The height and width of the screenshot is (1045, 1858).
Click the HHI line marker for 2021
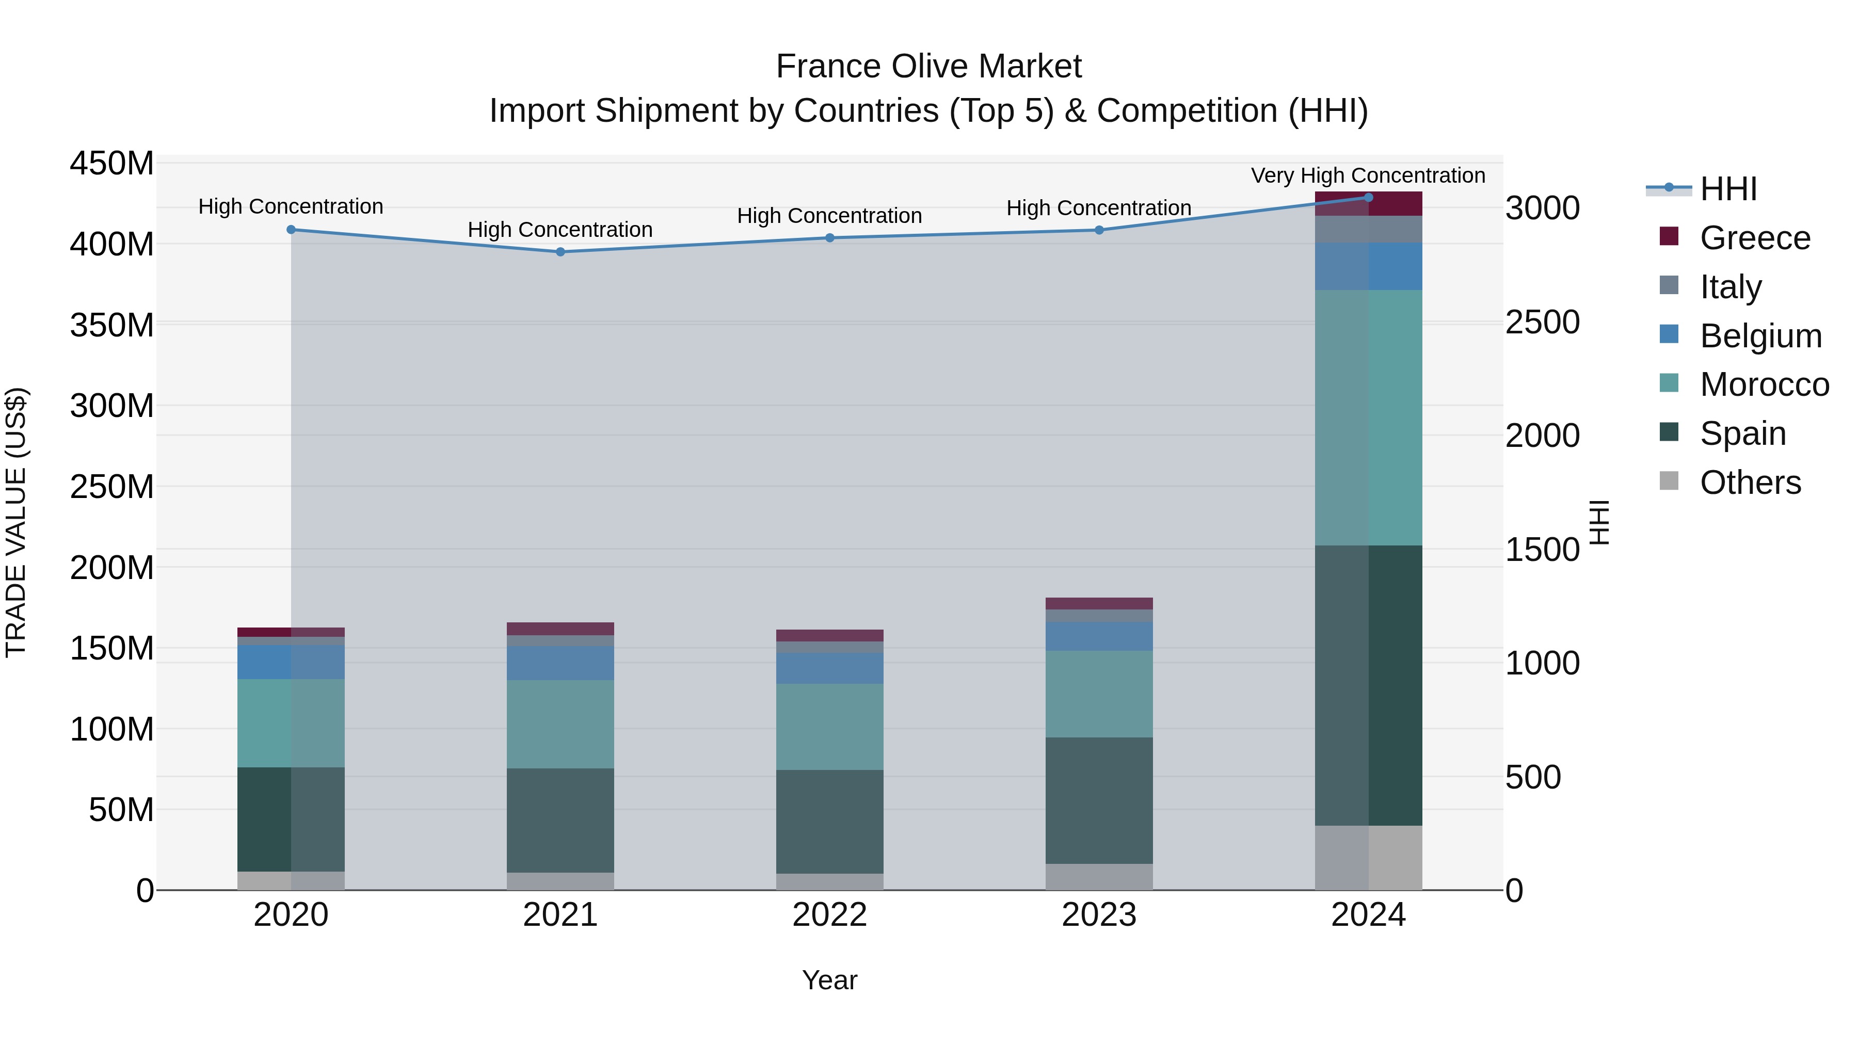coord(560,252)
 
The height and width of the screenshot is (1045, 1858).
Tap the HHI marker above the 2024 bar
coord(1368,198)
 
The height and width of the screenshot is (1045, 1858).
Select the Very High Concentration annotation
coord(1368,175)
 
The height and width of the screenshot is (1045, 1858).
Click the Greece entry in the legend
coord(1754,238)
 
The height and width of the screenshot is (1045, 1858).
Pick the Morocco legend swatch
coord(1669,383)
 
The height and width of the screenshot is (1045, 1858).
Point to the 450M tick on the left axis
coord(112,163)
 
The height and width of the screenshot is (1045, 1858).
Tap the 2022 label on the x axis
coord(829,915)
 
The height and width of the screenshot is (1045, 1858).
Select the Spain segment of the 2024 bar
coord(1368,685)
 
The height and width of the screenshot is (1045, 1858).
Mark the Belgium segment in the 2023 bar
coord(1099,636)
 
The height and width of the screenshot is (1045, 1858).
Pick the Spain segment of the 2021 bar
coord(560,820)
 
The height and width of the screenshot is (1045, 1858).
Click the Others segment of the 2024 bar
coord(1368,858)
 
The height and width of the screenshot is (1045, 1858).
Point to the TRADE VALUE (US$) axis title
coord(17,522)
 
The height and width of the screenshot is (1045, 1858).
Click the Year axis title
coord(829,980)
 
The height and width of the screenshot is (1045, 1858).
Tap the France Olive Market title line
coord(928,67)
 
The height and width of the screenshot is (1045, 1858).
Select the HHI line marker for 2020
coord(292,229)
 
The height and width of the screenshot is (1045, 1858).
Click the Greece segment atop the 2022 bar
coord(829,635)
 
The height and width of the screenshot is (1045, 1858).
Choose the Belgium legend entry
coord(1760,336)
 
